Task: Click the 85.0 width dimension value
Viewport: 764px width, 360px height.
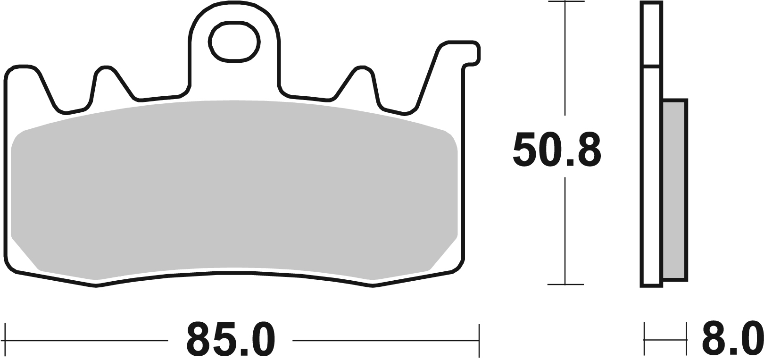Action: [x=230, y=340]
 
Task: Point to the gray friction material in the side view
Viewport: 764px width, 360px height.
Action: [x=674, y=189]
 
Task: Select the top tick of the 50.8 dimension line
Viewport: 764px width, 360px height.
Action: [x=565, y=2]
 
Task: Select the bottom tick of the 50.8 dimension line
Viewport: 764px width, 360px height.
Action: [x=565, y=285]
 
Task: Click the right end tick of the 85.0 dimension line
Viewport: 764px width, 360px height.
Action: [x=479, y=340]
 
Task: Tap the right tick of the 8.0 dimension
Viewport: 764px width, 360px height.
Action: [x=686, y=339]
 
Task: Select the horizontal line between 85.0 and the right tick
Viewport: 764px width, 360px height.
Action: [x=384, y=340]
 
